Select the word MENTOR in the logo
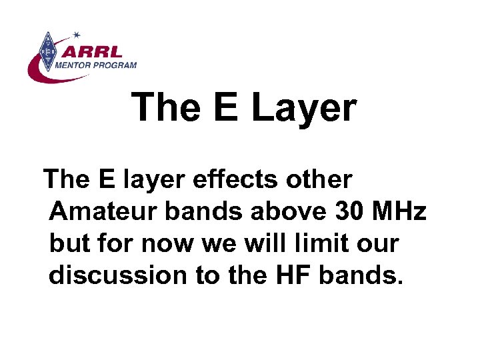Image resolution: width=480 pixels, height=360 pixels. point(77,65)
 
